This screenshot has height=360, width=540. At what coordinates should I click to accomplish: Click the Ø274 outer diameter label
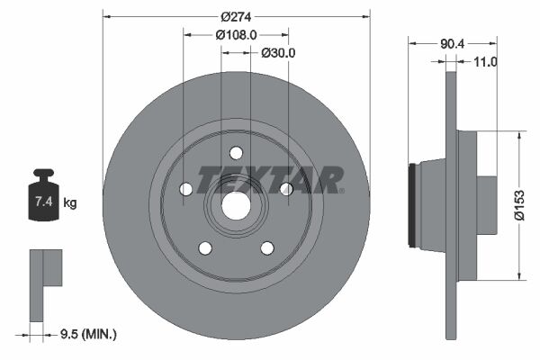[236, 16]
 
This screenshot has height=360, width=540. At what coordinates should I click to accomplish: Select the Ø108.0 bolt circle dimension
[236, 35]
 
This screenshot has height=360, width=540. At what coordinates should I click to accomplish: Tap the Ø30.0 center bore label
[278, 53]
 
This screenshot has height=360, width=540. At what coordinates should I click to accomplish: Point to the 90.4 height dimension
[453, 44]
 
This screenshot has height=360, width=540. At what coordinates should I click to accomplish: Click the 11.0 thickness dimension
[486, 62]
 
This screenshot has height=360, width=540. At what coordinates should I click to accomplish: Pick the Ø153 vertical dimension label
[519, 205]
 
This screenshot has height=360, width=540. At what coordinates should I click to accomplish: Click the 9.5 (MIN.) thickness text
[88, 334]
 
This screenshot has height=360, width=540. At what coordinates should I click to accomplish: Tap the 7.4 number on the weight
[44, 202]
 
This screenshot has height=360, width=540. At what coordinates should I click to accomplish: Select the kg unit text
[70, 202]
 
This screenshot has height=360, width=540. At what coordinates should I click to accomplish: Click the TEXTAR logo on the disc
[270, 180]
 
